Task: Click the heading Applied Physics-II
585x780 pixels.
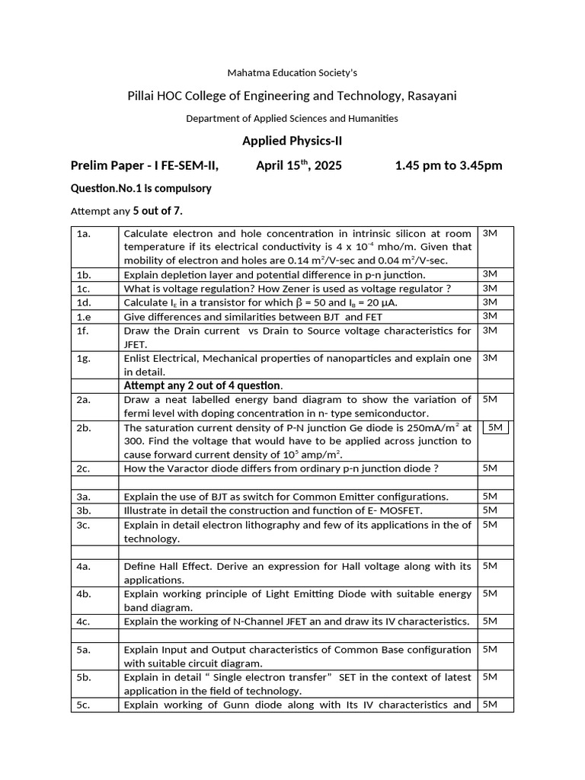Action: point(292,141)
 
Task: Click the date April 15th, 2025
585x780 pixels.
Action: point(299,165)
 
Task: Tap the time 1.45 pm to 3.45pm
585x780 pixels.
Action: point(448,165)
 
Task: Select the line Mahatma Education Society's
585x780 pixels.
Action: point(292,73)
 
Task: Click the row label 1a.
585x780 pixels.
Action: point(84,234)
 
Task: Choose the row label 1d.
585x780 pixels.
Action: point(84,302)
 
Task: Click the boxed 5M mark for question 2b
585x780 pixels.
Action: point(495,428)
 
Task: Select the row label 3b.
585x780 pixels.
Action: point(84,510)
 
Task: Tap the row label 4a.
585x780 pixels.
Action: point(84,566)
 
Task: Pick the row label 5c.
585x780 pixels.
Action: point(84,705)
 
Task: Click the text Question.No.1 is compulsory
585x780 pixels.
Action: point(141,188)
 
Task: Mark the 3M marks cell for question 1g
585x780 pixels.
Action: point(490,358)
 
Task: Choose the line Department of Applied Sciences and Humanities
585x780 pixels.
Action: point(292,118)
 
